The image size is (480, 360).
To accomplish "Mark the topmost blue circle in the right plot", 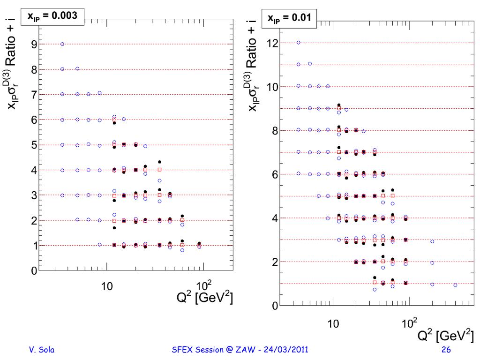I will click(x=298, y=43).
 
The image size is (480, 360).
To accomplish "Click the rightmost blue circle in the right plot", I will click(x=455, y=285).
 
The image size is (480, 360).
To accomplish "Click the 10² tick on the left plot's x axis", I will click(x=203, y=285).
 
